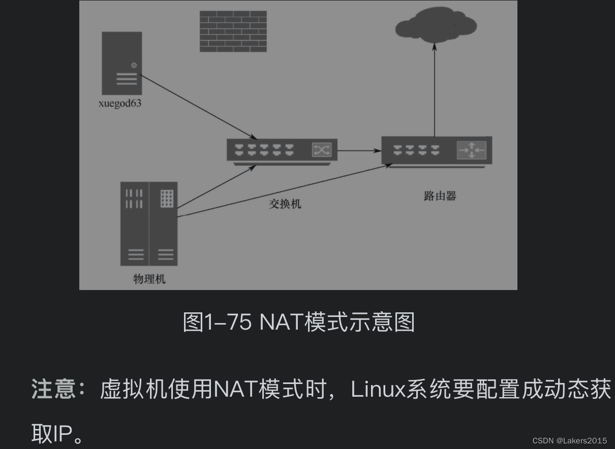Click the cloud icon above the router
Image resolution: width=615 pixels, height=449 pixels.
(436, 24)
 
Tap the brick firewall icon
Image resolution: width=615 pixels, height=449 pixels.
(233, 31)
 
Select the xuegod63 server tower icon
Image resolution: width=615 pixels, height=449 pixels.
(121, 63)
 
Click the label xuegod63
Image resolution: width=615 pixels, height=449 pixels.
(120, 104)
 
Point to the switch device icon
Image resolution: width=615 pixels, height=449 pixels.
(282, 150)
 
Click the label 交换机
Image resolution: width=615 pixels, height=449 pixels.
(285, 204)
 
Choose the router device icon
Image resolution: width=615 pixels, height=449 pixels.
(437, 150)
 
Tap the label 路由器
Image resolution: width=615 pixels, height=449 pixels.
(440, 196)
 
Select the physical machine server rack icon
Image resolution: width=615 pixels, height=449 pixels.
(149, 223)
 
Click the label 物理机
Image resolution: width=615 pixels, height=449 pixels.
(149, 279)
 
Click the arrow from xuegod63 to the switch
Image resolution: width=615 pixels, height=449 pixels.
(197, 106)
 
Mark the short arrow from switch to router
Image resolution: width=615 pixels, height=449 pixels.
(359, 150)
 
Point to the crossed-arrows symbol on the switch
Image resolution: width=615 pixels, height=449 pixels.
(321, 149)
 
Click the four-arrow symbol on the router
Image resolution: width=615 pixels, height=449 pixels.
(471, 150)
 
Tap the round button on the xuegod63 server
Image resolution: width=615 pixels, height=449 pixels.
(134, 65)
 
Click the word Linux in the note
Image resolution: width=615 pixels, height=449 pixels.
(378, 390)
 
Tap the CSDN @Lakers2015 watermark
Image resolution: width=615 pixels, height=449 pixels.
(569, 440)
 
